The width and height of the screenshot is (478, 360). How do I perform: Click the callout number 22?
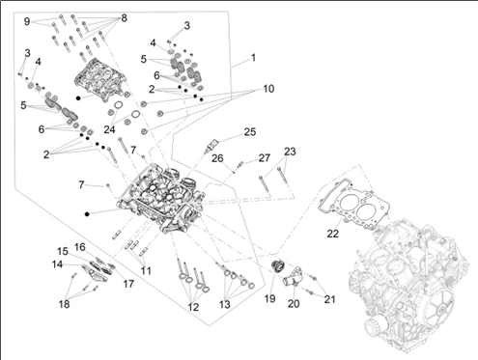point(333,234)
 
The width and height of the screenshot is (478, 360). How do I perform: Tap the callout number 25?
point(250,132)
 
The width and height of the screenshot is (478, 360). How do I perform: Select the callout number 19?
point(269,298)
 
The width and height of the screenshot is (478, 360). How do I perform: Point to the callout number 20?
point(294,303)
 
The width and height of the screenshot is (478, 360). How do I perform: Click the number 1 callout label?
point(253,58)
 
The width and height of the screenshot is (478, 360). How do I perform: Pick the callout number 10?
point(268,89)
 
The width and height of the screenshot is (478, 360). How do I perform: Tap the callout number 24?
point(109,129)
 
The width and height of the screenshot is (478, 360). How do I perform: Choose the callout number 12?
point(193,307)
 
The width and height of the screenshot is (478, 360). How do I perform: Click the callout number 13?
point(225,304)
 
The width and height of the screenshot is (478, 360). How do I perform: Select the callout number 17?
point(128,284)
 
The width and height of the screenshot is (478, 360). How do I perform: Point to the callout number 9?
point(27,21)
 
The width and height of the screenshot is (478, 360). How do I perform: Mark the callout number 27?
point(265,158)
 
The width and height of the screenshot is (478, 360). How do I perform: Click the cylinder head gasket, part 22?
point(351,204)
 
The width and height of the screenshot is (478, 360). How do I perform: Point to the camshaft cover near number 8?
point(99,79)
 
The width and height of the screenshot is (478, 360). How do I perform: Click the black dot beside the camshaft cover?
point(78,97)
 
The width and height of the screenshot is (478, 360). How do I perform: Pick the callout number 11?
point(146,270)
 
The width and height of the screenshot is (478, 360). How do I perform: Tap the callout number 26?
point(217,158)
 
